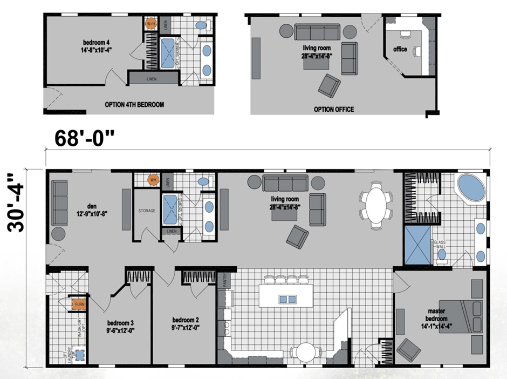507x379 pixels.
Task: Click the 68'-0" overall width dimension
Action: pyautogui.click(x=86, y=139)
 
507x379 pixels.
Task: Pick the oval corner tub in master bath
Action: pyautogui.click(x=473, y=188)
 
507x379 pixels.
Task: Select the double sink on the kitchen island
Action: pyautogui.click(x=288, y=299)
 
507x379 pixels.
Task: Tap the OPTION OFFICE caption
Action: pyautogui.click(x=334, y=110)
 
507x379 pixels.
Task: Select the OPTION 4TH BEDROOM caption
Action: pyautogui.click(x=134, y=105)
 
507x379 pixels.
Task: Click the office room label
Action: pyautogui.click(x=400, y=50)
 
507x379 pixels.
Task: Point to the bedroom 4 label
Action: pyautogui.click(x=98, y=46)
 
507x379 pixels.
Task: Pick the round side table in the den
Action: pyautogui.click(x=58, y=235)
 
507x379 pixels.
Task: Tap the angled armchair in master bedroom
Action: pyautogui.click(x=409, y=351)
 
